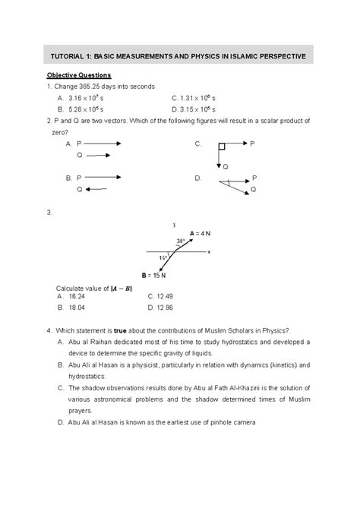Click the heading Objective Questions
(x=79, y=75)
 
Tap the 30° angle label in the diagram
(x=181, y=241)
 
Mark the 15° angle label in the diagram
(x=163, y=259)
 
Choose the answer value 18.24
(x=76, y=297)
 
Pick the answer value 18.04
(x=76, y=308)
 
